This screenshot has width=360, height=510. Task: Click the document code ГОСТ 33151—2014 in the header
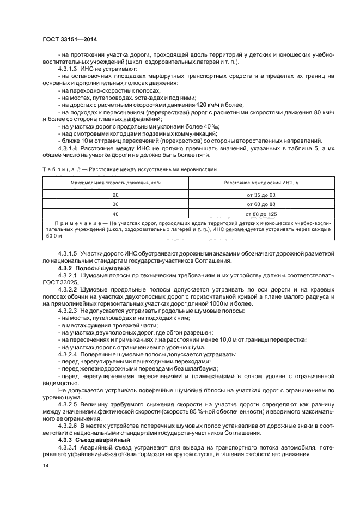74,40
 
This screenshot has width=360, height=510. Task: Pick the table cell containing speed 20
115,195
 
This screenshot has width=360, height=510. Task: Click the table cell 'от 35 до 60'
261,195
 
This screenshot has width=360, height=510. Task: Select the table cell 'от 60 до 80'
261,204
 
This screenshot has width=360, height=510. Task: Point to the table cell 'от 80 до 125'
261,214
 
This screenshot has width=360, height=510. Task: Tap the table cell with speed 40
115,214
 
